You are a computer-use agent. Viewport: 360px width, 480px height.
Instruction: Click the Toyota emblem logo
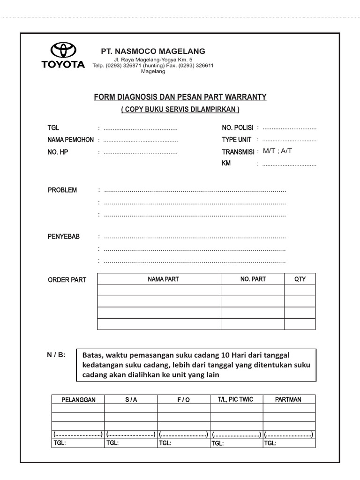pos(63,51)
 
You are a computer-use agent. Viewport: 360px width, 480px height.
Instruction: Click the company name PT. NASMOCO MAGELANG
pos(153,51)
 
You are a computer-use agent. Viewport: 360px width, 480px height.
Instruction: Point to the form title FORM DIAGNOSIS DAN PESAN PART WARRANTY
pos(180,97)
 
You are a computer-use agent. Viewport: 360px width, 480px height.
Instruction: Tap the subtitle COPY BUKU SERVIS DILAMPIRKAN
pos(180,109)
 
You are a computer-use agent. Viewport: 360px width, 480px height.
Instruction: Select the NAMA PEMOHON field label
pos(70,140)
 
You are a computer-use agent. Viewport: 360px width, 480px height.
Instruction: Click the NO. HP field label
pos(58,152)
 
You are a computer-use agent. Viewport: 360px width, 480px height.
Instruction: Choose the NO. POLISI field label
pos(238,128)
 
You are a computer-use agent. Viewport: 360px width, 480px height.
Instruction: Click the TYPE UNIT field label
pos(237,140)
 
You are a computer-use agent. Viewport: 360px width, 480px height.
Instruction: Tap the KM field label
pos(226,164)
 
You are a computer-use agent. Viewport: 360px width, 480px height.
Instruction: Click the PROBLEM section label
pos(62,190)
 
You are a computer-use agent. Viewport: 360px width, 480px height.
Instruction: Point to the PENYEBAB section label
pos(64,237)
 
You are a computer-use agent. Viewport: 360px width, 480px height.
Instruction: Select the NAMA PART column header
pos(163,279)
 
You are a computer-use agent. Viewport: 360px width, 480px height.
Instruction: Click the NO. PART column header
pos(253,279)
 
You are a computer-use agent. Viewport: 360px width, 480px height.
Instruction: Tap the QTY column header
pos(300,279)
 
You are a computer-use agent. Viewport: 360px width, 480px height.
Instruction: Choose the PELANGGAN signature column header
pos(78,399)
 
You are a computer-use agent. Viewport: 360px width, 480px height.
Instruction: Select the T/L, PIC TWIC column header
pos(235,399)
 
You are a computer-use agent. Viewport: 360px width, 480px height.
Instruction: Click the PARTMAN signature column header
pos(288,399)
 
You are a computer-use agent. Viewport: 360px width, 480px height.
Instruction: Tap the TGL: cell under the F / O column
pos(165,443)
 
